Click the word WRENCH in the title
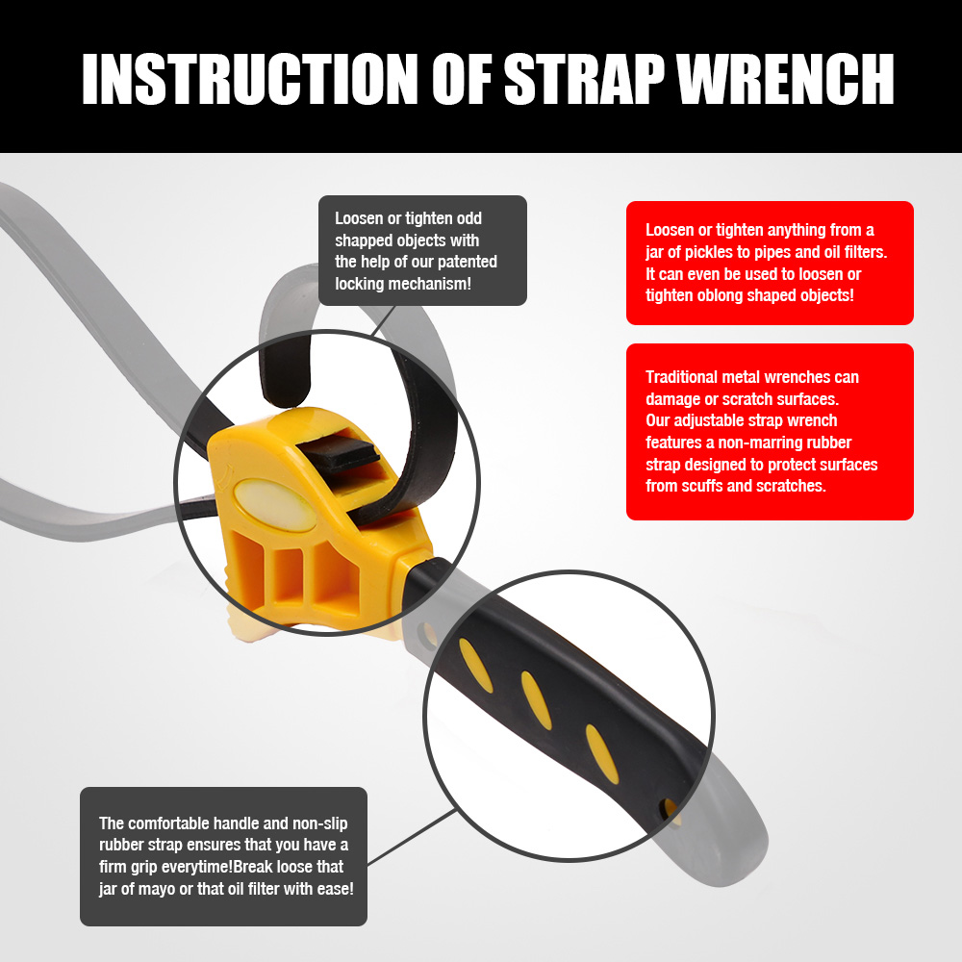tap(786, 79)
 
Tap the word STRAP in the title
tap(585, 79)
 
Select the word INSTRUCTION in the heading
tap(250, 79)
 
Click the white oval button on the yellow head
tap(275, 504)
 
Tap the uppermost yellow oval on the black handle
tap(476, 666)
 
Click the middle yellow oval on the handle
tap(536, 700)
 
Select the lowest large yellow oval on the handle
tap(602, 754)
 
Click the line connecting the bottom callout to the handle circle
tap(412, 837)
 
